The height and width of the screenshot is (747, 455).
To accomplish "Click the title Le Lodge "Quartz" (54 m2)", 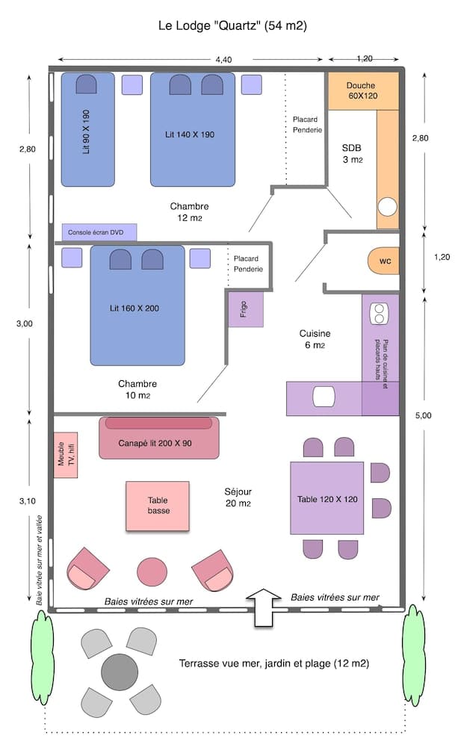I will tap(232, 25).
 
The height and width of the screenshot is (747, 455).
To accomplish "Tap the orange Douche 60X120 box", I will tap(362, 91).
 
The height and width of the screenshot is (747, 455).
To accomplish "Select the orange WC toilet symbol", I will tap(384, 261).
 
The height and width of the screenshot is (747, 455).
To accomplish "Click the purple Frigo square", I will tap(246, 309).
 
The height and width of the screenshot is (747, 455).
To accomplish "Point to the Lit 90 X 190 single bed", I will tap(87, 131).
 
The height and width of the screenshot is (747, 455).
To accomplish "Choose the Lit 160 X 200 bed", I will tap(137, 306).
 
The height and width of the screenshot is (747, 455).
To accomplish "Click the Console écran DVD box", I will tap(99, 232).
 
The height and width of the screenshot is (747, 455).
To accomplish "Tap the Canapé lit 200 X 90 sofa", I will tap(158, 438).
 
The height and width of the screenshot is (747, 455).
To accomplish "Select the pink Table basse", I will tap(157, 506).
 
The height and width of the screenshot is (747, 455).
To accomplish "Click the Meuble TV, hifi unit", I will tap(66, 455).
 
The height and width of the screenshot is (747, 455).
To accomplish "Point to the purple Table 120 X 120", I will tap(327, 499).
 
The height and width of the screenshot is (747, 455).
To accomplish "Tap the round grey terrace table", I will tap(120, 672).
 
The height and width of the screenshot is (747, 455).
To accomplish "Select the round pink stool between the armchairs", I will tap(152, 572).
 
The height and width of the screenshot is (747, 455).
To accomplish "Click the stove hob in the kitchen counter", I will tap(379, 313).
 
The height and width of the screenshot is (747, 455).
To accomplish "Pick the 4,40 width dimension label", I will tap(223, 59).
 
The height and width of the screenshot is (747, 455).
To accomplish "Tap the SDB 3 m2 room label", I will tap(352, 153).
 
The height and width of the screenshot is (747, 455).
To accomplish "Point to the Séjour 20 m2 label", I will tap(238, 498).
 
